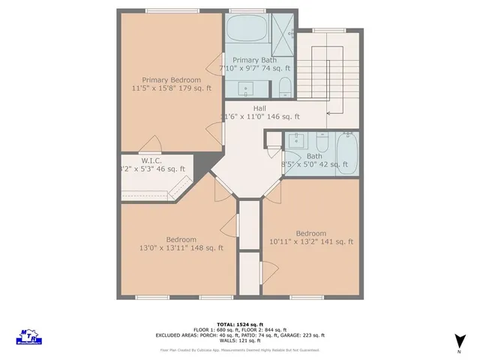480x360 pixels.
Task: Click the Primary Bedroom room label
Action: click(x=172, y=79)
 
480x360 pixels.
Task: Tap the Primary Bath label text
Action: click(x=254, y=60)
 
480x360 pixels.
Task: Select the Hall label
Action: click(x=259, y=109)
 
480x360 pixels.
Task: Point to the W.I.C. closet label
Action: click(x=152, y=160)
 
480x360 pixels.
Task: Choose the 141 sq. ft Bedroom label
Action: click(x=310, y=233)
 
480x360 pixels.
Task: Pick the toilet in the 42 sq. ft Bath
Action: click(x=322, y=142)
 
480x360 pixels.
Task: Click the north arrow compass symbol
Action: click(x=458, y=343)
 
